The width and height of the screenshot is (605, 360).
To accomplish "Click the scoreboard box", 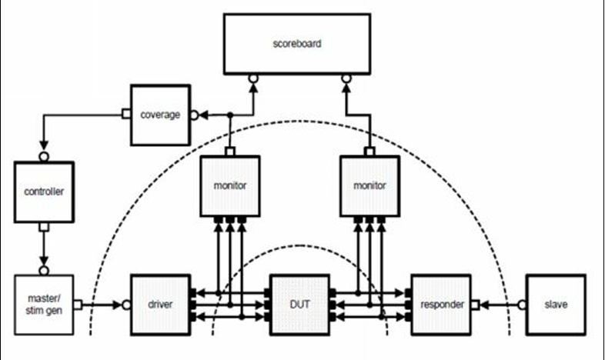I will (296, 45).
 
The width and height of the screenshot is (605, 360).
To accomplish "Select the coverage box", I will (159, 115).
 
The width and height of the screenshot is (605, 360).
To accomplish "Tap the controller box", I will (44, 191).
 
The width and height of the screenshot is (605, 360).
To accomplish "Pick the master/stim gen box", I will (44, 305).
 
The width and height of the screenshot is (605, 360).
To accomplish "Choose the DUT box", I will (299, 305).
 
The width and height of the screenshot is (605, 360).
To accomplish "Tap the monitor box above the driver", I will (229, 185).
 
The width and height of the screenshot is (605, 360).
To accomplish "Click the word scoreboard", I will (296, 44).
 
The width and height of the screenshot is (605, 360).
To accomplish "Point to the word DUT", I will (299, 305).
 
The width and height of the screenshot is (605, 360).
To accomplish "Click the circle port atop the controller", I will (44, 157).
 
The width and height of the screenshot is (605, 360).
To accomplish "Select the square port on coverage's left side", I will (125, 115).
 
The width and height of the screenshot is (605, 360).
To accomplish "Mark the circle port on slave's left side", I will (522, 305).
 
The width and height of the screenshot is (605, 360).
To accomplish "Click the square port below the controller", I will (44, 227).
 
